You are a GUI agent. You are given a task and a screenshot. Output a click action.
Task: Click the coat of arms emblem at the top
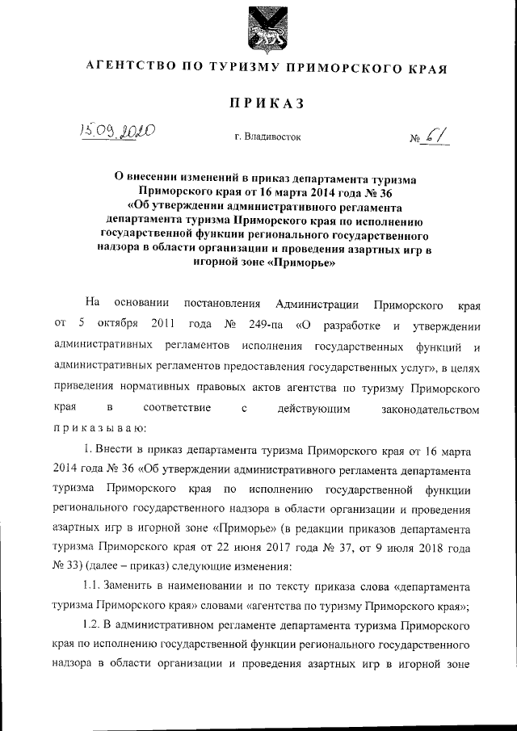coord(258,30)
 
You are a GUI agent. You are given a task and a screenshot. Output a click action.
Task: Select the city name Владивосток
coord(267,137)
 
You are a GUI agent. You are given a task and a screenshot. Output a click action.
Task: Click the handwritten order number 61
coord(437,133)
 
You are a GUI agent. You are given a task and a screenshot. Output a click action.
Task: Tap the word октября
coord(121,326)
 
